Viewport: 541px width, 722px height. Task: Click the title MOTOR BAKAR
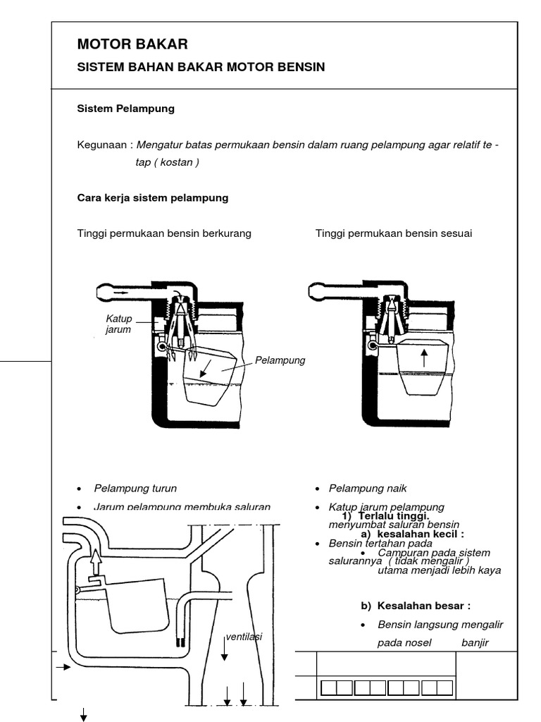coord(132,44)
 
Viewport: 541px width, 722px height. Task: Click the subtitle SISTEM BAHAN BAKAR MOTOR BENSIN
coord(201,68)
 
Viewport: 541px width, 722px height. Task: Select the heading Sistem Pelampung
coord(125,109)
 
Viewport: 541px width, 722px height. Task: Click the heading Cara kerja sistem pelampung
coord(152,198)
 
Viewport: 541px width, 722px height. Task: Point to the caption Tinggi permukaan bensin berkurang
coord(163,233)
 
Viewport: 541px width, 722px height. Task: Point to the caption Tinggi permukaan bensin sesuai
coord(393,233)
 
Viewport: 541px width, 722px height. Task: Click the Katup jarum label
coord(118,325)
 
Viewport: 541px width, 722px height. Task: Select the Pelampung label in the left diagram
coord(280,360)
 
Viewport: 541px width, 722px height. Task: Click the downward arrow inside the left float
coord(205,368)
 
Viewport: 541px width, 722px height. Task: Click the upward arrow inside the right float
coord(424,357)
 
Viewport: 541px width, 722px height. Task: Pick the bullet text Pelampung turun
coord(135,488)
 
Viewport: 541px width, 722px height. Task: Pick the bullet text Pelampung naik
coord(368,488)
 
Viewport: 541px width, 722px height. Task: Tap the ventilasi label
coord(244,637)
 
